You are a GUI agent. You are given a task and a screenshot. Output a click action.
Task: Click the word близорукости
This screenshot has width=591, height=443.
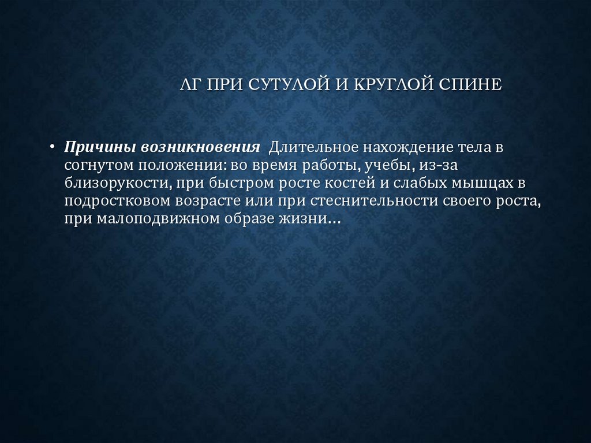114,183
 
